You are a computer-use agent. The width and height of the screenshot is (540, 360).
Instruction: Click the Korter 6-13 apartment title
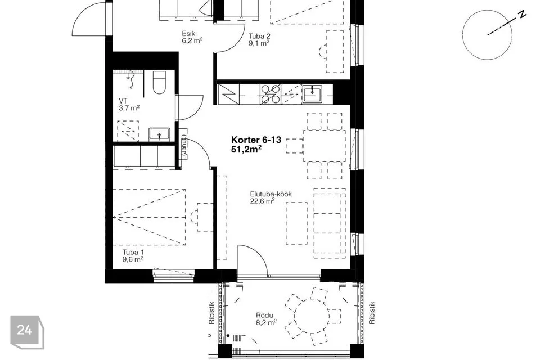pyautogui.click(x=256, y=140)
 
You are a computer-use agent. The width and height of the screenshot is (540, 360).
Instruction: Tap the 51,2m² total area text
pyautogui.click(x=246, y=149)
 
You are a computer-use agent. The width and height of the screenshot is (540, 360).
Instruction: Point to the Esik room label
pyautogui.click(x=189, y=33)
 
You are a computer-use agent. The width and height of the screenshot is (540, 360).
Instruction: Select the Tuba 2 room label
pyautogui.click(x=259, y=36)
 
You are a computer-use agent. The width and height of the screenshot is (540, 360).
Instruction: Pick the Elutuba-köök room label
pyautogui.click(x=271, y=194)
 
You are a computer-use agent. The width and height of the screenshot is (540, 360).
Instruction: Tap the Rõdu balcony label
pyautogui.click(x=264, y=315)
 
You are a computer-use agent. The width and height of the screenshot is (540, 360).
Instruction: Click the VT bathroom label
pyautogui.click(x=123, y=101)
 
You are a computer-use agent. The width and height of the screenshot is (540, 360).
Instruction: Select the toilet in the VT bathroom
pyautogui.click(x=159, y=83)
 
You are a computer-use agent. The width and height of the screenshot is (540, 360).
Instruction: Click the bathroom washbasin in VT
pyautogui.click(x=159, y=134)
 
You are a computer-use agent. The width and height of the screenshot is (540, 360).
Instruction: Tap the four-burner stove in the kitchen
pyautogui.click(x=271, y=94)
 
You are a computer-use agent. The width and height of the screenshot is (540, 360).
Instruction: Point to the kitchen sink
pyautogui.click(x=312, y=94)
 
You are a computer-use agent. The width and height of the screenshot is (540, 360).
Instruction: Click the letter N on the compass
pyautogui.click(x=523, y=14)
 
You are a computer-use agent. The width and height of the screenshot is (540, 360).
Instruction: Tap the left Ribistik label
pyautogui.click(x=211, y=313)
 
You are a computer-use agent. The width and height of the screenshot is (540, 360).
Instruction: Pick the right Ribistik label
pyautogui.click(x=372, y=313)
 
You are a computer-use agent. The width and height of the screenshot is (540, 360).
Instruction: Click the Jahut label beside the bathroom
pyautogui.click(x=183, y=146)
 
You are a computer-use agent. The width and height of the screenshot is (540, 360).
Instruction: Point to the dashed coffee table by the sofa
pyautogui.click(x=296, y=223)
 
